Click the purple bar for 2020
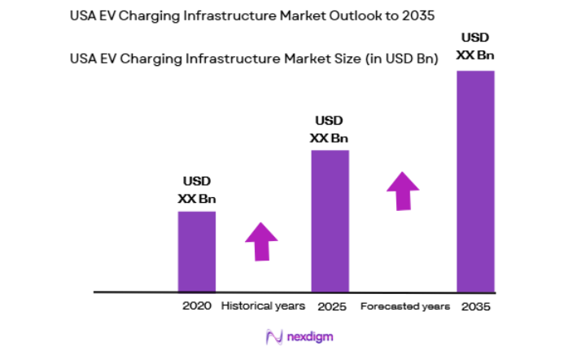[197, 251]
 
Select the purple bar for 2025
[330, 221]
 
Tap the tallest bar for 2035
[475, 181]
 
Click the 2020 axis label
[197, 306]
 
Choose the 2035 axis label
[476, 306]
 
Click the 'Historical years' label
[263, 306]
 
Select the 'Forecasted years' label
[404, 306]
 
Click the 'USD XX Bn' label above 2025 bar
[330, 130]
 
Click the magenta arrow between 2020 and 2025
[261, 241]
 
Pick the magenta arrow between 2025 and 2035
[402, 191]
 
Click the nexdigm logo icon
[274, 336]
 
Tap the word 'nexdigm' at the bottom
[310, 336]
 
